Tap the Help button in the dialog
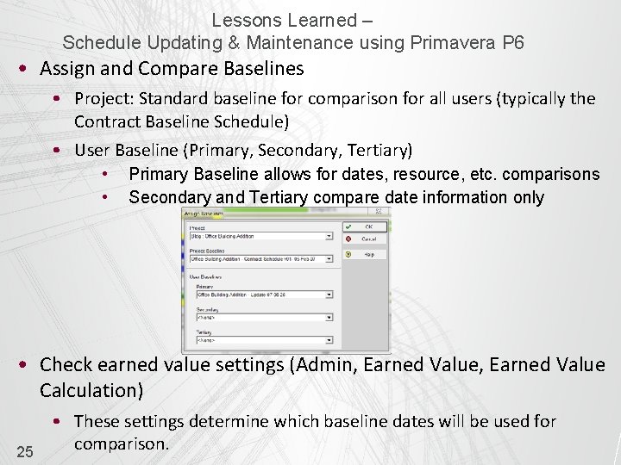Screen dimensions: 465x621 (366, 255)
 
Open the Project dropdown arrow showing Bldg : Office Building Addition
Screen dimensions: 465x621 (329, 236)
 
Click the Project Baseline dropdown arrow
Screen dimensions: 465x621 (329, 258)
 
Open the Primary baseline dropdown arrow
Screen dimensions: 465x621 (329, 295)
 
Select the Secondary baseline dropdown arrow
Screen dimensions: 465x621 (329, 318)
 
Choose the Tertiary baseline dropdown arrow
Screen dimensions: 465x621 (329, 340)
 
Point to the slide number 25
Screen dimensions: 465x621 (25, 451)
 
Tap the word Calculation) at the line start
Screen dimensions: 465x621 (91, 390)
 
